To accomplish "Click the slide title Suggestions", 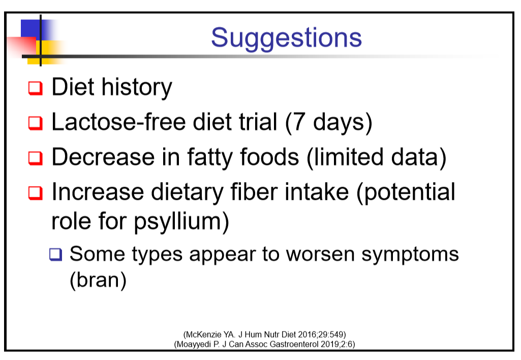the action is [x=286, y=38].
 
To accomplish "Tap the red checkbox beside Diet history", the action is [x=36, y=88].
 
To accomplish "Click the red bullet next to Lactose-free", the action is [x=36, y=123].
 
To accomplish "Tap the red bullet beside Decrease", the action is [x=36, y=158].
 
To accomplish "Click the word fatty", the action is [x=210, y=158].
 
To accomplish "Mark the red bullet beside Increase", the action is [x=36, y=193].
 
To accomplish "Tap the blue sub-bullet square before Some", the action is [x=55, y=255].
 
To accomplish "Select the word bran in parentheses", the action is [x=98, y=280].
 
